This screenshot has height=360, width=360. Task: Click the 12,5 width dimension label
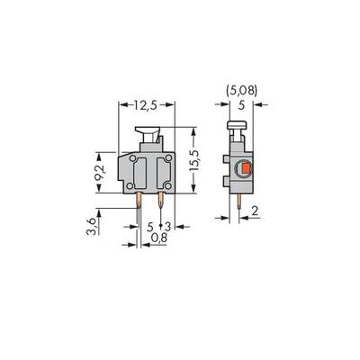point(146,105)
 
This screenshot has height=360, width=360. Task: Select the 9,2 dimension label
point(100,173)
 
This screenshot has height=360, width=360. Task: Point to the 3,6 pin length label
point(91,227)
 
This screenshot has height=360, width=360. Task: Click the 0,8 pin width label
point(159,238)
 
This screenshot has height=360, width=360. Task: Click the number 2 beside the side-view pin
point(255,211)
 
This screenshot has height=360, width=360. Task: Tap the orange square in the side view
point(246,168)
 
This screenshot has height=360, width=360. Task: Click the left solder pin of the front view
point(139,200)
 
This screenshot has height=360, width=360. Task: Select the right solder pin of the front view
point(161,200)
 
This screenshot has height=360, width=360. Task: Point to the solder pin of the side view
point(238,201)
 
